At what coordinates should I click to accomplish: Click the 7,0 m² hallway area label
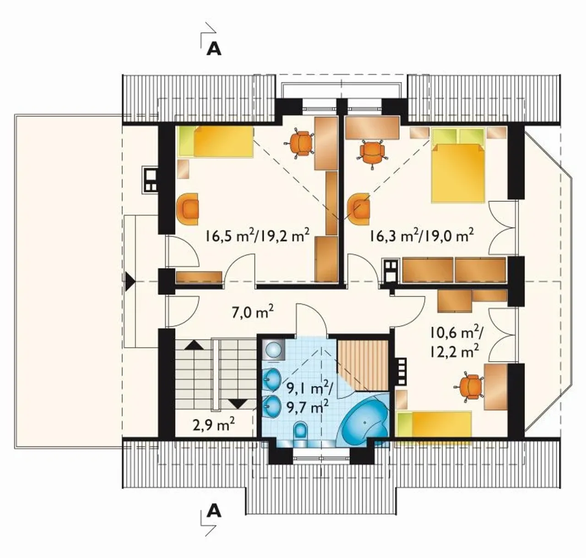(252, 313)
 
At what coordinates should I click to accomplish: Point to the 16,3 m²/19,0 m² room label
(422, 236)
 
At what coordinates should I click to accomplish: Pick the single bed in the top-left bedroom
(216, 141)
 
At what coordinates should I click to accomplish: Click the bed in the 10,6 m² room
(434, 425)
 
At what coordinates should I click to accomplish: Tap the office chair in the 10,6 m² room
(469, 387)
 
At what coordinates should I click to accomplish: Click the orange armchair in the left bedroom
(187, 209)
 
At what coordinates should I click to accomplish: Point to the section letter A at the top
(214, 49)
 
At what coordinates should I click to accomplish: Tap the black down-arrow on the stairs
(238, 404)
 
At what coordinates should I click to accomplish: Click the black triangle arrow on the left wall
(130, 281)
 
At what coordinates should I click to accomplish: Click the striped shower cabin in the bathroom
(363, 366)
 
